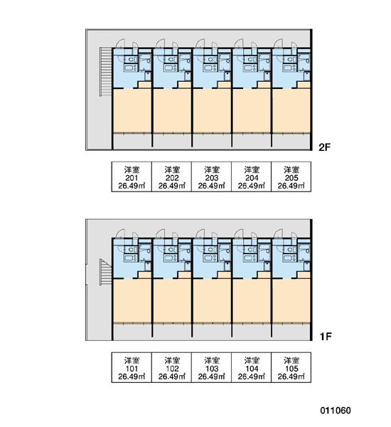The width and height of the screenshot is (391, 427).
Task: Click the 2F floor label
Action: coord(324,147)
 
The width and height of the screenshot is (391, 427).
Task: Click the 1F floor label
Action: coord(326,337)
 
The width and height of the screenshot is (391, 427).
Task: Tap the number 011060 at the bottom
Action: coord(336,411)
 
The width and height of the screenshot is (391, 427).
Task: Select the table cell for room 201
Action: coord(132,176)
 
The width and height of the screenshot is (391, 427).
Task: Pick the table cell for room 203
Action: coord(211,176)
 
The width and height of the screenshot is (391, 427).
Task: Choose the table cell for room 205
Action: coord(291,176)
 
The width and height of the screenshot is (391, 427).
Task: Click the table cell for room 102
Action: coord(172,367)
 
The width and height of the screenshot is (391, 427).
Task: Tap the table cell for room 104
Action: coord(252,367)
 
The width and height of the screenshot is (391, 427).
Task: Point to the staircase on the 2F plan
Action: coord(106,71)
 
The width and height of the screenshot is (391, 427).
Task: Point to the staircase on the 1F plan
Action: coord(106,271)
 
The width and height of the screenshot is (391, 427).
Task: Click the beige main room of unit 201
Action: coord(132,111)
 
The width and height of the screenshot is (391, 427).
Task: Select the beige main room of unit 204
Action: coord(252,111)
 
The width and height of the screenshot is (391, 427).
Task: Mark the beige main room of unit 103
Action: coord(212,301)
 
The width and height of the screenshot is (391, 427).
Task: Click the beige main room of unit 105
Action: coord(291,301)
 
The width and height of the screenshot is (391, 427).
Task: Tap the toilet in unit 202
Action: coord(171,59)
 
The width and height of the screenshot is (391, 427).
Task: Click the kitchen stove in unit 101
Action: coord(131,258)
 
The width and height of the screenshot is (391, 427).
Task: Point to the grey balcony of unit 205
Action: coord(291,141)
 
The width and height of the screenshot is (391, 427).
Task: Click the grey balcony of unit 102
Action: coord(172,331)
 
